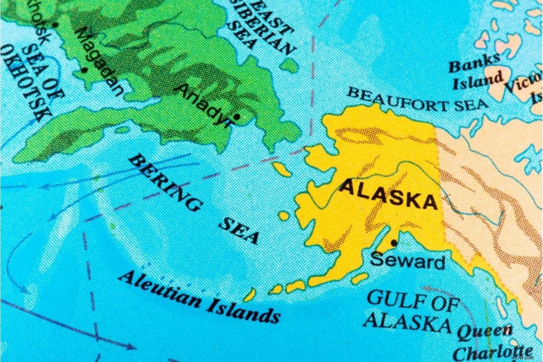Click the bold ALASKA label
(x=388, y=195)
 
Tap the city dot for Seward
(x=394, y=243)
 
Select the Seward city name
(x=407, y=261)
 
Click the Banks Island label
(x=475, y=72)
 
